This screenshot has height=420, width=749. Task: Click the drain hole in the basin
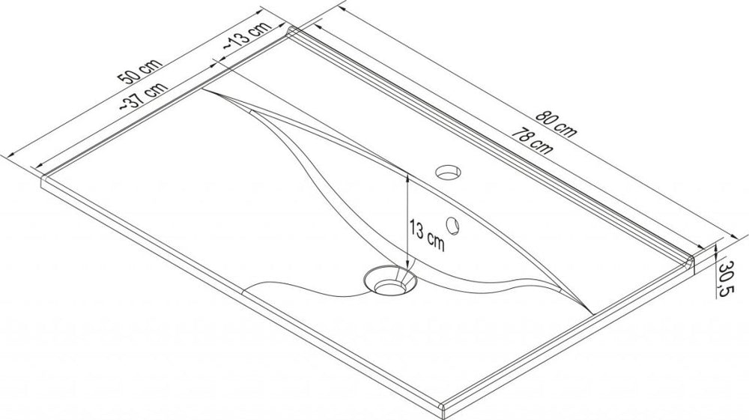tap(389, 283)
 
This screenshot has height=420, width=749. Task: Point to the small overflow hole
tap(452, 223)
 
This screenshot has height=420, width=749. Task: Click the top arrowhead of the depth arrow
tap(407, 178)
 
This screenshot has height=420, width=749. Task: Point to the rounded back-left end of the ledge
tap(292, 31)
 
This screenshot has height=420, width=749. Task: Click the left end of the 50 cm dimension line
tap(6, 154)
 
